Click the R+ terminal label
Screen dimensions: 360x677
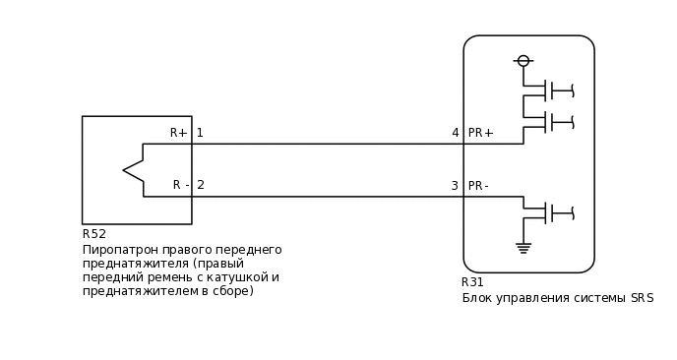[178, 133]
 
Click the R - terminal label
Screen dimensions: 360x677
[181, 185]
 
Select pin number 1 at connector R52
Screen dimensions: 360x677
[200, 133]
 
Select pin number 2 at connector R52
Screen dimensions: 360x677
[201, 185]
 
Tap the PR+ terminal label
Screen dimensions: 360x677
[481, 133]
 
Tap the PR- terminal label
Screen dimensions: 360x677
[479, 186]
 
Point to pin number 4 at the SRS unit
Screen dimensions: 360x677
[456, 133]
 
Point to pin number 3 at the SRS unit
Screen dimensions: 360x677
[455, 186]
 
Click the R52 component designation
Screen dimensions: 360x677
[94, 234]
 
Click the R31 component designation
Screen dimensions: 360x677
[473, 282]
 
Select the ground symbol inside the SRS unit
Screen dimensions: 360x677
[523, 247]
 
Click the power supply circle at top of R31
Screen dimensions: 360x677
[523, 61]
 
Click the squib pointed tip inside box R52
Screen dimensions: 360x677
[126, 170]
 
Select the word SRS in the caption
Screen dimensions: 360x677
[642, 298]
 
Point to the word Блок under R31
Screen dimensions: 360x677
[478, 298]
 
